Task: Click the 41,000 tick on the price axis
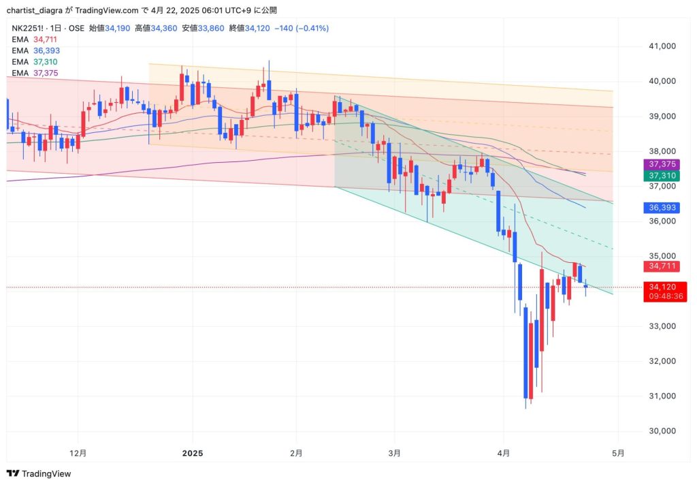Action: [663, 46]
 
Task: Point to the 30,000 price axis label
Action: [663, 431]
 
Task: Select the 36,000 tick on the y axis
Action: [663, 221]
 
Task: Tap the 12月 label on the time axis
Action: [78, 453]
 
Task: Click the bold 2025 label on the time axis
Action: [193, 453]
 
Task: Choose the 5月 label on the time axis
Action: [618, 453]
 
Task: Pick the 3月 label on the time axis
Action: [395, 453]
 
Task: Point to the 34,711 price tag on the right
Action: [663, 266]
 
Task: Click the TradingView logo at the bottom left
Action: [39, 473]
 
